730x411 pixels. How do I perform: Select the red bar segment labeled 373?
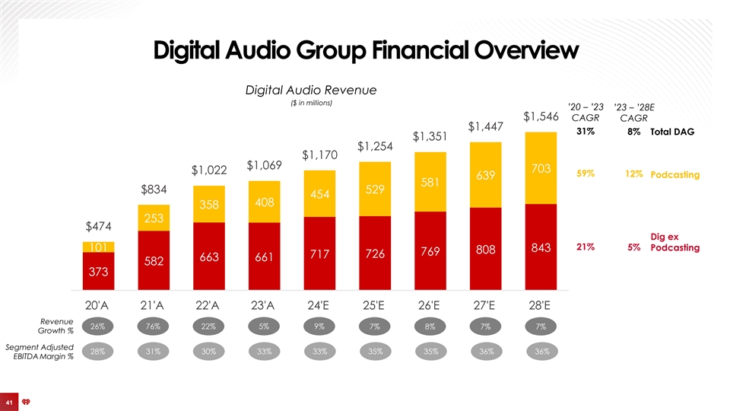pos(98,271)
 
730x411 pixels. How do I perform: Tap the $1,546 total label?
pos(541,116)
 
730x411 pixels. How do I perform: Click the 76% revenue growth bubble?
pos(154,327)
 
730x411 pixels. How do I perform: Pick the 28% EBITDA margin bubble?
pos(98,352)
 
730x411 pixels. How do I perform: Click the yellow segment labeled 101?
pos(98,247)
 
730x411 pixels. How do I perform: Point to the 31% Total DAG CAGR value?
pos(586,132)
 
